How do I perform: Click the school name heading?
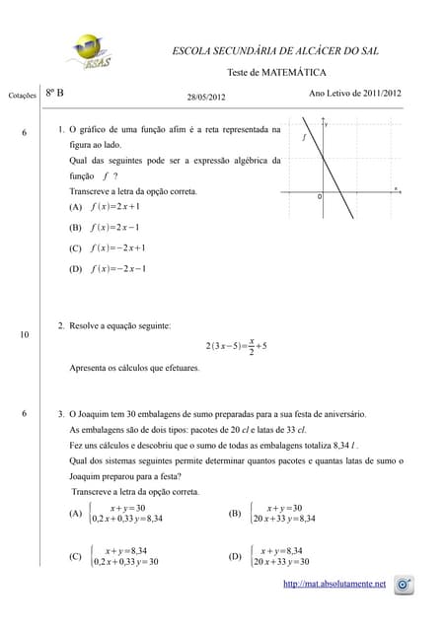tap(275, 50)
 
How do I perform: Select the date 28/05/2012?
tap(206, 97)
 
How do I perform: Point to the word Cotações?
tap(22, 96)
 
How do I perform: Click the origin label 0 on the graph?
tap(319, 198)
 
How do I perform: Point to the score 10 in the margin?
tap(23, 336)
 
